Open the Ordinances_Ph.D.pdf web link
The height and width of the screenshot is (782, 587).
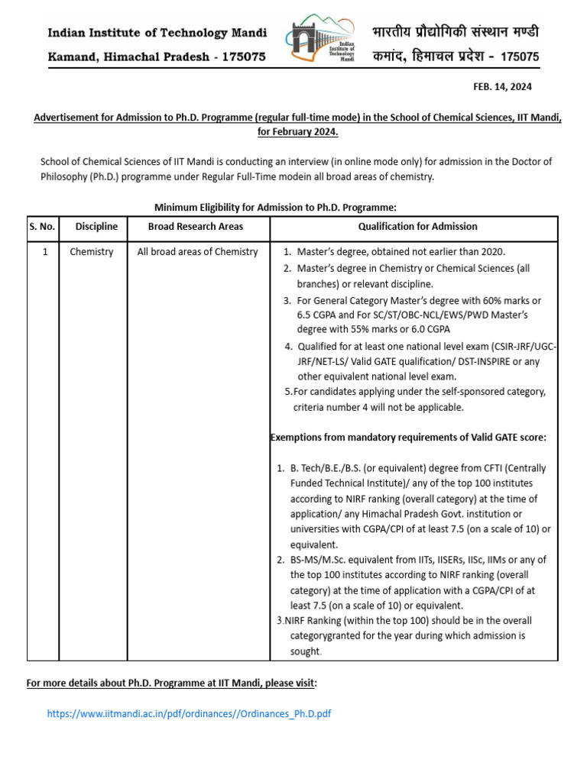189,714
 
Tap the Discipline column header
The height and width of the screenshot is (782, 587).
96,227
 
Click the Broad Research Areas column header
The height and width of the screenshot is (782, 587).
196,227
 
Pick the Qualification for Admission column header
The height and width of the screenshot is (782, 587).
417,227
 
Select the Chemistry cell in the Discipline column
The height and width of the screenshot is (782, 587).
92,252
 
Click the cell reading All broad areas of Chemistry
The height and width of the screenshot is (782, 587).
197,252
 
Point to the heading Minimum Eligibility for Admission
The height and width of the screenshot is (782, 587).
275,208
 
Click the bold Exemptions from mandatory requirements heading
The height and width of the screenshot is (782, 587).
409,438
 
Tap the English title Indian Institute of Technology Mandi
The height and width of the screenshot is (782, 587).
157,33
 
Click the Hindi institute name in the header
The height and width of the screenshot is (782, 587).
456,33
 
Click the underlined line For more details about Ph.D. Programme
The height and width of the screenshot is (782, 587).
171,682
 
